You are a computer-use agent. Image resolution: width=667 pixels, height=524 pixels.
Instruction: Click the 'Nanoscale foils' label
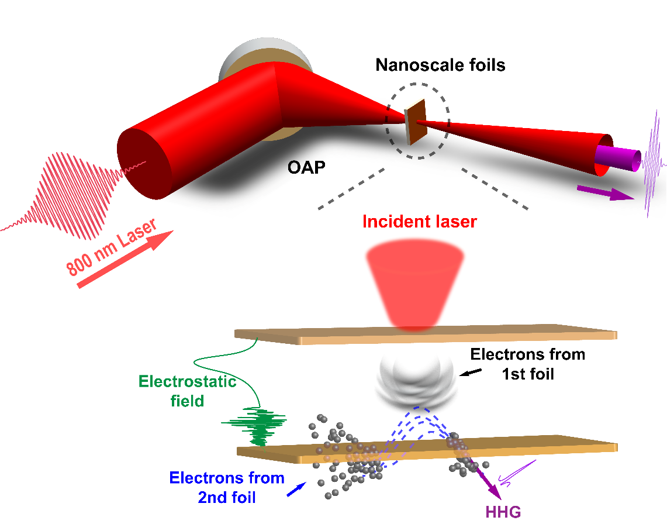click(x=440, y=65)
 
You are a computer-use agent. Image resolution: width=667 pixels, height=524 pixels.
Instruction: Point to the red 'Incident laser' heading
click(x=420, y=222)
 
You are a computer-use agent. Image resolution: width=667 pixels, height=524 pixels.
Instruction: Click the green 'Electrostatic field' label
click(x=187, y=391)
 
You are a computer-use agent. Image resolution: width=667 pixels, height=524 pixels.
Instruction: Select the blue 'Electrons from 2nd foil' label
click(x=227, y=487)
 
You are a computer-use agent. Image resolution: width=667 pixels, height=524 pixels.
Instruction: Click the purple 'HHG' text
click(x=503, y=512)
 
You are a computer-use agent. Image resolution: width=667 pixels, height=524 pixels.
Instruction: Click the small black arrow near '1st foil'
click(x=468, y=372)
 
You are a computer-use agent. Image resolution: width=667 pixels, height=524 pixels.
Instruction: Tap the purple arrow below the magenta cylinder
click(x=606, y=194)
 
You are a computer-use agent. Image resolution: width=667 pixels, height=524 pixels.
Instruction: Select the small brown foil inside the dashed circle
click(x=416, y=122)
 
